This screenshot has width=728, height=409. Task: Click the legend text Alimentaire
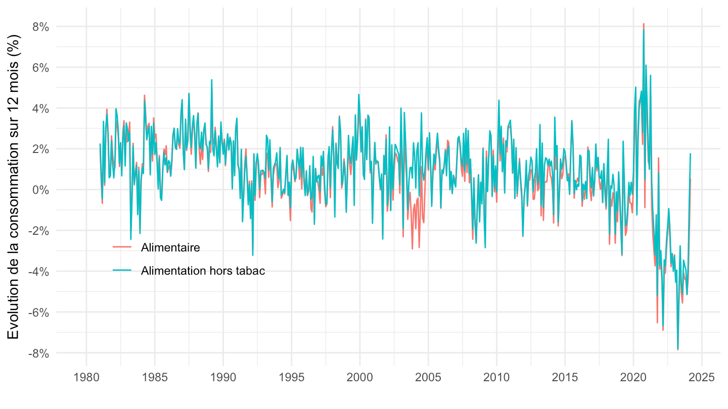pos(171,247)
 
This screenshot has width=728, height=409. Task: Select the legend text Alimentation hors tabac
pos(203,271)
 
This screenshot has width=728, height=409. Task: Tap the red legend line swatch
pos(122,247)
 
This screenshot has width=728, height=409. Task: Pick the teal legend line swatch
pos(122,271)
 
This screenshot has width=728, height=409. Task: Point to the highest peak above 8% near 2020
pos(644,24)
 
